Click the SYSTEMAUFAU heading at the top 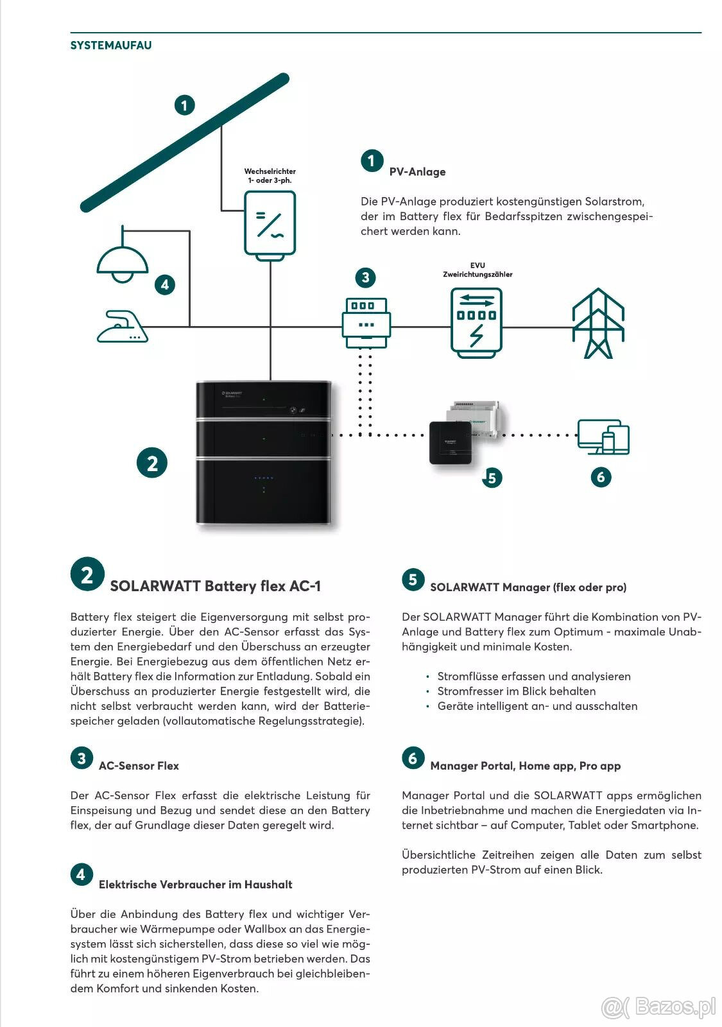pyautogui.click(x=111, y=46)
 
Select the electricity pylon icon pyautogui.click(x=598, y=324)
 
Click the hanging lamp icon pyautogui.click(x=123, y=260)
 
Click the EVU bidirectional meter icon pyautogui.click(x=476, y=323)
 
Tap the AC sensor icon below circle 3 pyautogui.click(x=366, y=322)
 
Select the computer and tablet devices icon pyautogui.click(x=603, y=437)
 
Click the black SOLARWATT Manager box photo pyautogui.click(x=452, y=442)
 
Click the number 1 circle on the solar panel pyautogui.click(x=185, y=105)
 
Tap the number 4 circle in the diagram pyautogui.click(x=165, y=284)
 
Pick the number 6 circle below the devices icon pyautogui.click(x=601, y=477)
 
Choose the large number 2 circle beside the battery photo pyautogui.click(x=152, y=463)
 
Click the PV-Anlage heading pyautogui.click(x=417, y=172)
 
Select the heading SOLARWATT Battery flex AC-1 pyautogui.click(x=215, y=586)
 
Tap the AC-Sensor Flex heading pyautogui.click(x=139, y=766)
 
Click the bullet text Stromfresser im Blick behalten pyautogui.click(x=516, y=691)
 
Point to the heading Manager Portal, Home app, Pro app pyautogui.click(x=525, y=766)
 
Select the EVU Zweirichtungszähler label pyautogui.click(x=477, y=270)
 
